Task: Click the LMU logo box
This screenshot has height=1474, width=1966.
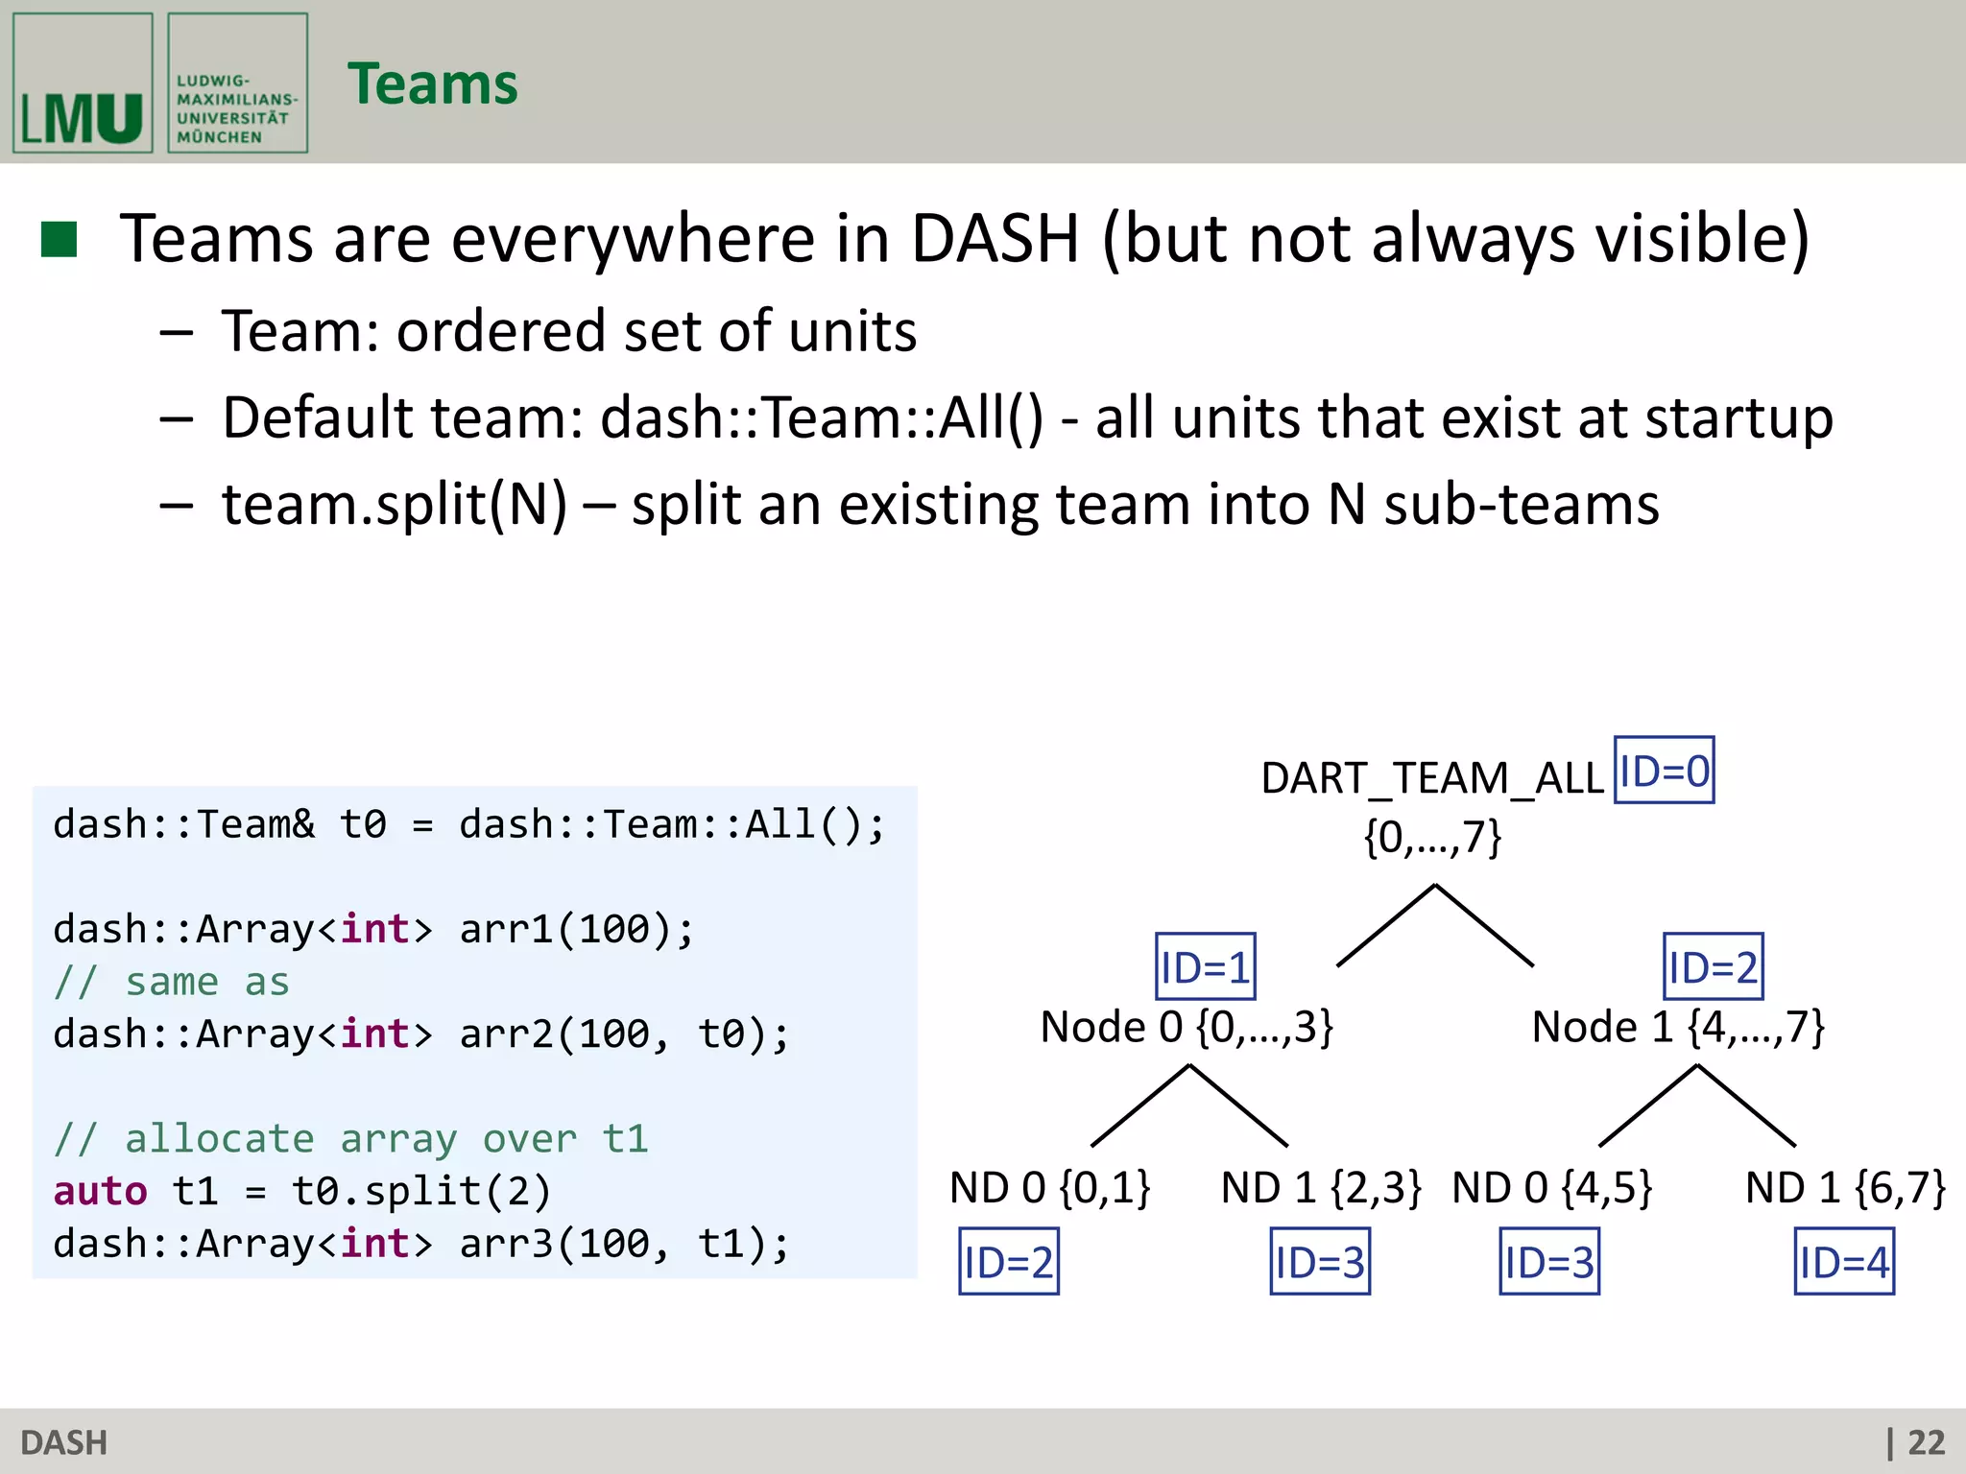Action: tap(83, 83)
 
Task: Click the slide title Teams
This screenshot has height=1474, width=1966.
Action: tap(432, 84)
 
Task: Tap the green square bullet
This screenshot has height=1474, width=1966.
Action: tap(60, 240)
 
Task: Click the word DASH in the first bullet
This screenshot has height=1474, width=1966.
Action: tap(995, 239)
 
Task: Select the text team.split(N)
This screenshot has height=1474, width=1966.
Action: tap(395, 505)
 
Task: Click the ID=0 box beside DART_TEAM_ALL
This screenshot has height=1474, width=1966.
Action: tap(1664, 771)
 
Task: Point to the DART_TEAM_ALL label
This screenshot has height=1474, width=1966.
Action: tap(1432, 777)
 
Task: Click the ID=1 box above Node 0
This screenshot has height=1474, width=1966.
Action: tap(1205, 966)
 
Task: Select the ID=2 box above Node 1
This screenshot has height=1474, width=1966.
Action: tap(1713, 966)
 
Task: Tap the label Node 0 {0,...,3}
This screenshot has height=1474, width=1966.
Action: tap(1187, 1027)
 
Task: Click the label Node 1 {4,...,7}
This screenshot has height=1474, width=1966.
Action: tap(1678, 1027)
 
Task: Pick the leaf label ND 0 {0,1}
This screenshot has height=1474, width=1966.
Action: tap(1050, 1188)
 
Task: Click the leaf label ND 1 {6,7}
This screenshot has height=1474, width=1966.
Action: tap(1845, 1188)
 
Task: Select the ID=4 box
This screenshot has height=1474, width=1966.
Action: tap(1844, 1262)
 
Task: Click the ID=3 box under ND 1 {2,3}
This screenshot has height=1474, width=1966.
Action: tap(1320, 1262)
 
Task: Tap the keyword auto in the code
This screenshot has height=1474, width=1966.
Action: tap(100, 1191)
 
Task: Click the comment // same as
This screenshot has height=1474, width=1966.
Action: tap(172, 982)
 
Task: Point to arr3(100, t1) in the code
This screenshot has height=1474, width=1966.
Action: tap(624, 1244)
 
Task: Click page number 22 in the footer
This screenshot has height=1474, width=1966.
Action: tap(1926, 1442)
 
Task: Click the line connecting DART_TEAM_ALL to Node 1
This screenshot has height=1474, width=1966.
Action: tap(1484, 925)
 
